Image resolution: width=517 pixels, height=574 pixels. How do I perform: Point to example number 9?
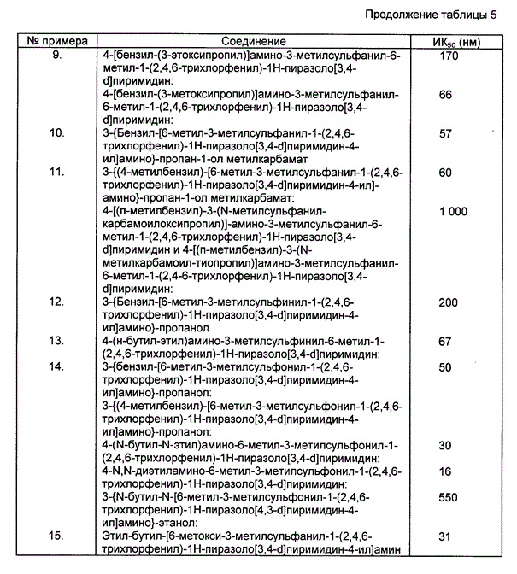point(57,55)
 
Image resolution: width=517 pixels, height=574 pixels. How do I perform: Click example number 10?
point(57,132)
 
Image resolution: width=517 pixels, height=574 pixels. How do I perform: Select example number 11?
point(57,172)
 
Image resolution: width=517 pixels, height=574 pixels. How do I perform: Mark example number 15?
point(57,536)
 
